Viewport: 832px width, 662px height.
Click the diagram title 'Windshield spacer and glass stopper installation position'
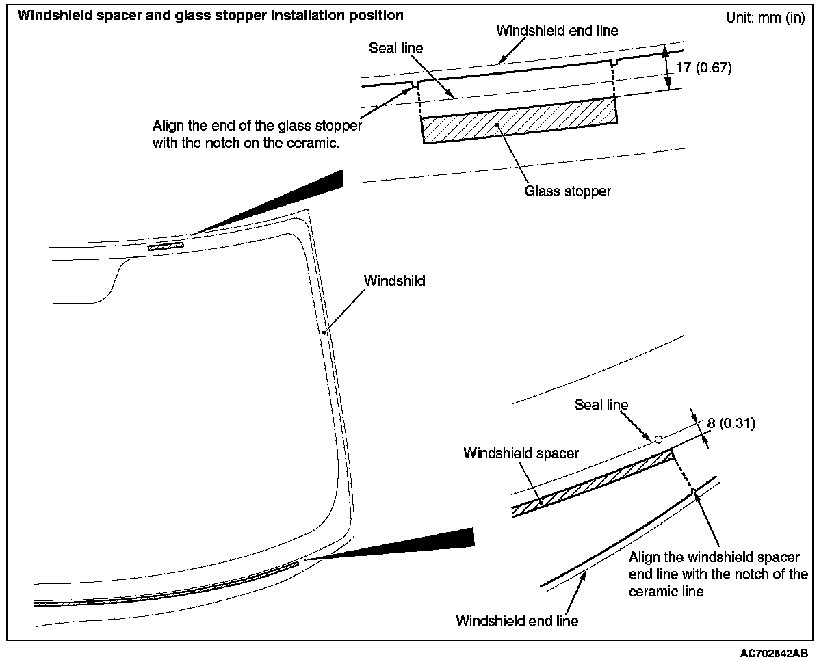click(210, 15)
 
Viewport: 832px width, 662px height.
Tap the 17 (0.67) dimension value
click(703, 68)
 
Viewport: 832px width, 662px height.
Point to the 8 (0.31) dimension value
click(731, 423)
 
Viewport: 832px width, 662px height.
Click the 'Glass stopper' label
click(567, 191)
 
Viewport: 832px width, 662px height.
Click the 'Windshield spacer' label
click(521, 453)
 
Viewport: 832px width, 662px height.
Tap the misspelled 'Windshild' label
click(394, 280)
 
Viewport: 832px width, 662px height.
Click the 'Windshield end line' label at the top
click(557, 31)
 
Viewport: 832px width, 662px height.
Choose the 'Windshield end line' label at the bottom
click(517, 621)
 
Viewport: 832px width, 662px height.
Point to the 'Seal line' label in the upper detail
click(396, 48)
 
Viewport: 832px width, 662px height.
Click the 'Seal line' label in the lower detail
click(601, 405)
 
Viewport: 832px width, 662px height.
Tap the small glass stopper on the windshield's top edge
click(166, 246)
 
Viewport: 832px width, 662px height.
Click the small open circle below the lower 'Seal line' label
click(658, 439)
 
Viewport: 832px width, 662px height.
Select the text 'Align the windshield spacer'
click(714, 557)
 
